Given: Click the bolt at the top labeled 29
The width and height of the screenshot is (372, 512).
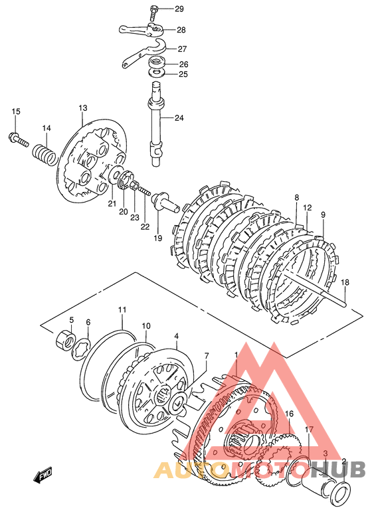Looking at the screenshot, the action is click(154, 12).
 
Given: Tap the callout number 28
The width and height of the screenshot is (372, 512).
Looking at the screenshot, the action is click(181, 30).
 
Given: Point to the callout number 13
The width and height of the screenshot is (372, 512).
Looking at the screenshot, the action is click(82, 108).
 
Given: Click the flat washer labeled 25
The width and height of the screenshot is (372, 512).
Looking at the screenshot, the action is click(157, 73).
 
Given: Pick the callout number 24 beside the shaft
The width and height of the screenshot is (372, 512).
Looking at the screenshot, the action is click(179, 118).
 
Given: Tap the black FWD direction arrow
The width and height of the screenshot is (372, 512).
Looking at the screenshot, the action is click(43, 475).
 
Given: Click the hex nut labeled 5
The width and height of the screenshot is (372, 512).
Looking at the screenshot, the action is click(66, 341).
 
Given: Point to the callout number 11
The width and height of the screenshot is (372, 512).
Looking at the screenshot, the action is click(122, 309).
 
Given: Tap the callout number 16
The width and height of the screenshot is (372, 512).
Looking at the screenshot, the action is click(289, 414).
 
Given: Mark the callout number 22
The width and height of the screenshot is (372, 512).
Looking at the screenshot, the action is click(145, 226).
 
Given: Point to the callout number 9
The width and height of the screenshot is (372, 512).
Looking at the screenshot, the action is click(323, 215).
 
